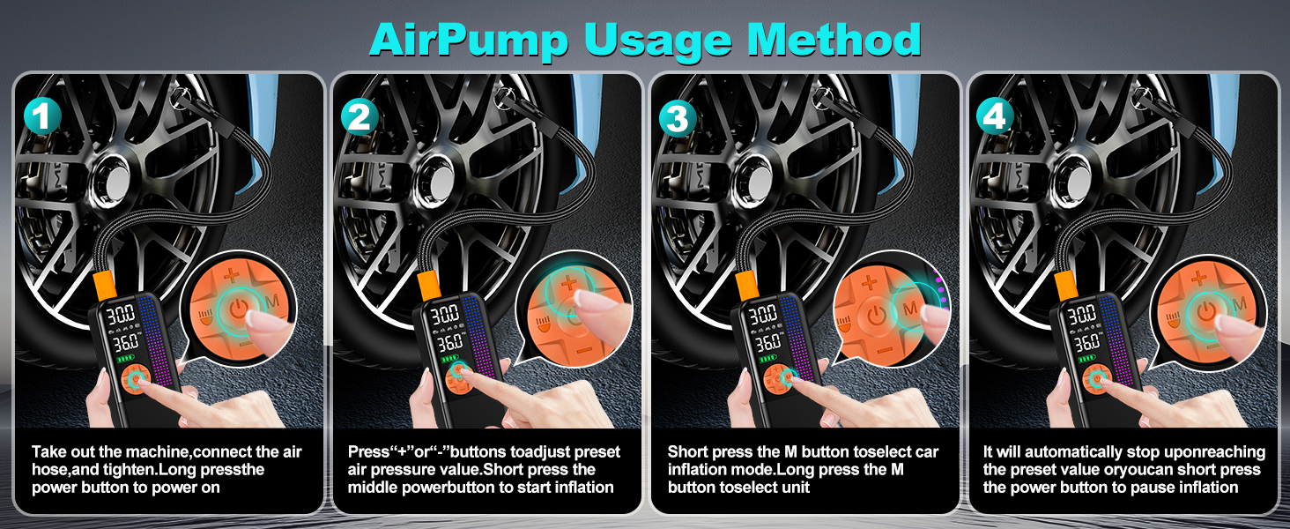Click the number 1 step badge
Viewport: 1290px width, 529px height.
click(x=41, y=115)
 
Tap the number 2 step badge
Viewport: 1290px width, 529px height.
click(x=359, y=115)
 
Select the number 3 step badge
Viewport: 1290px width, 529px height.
click(x=678, y=115)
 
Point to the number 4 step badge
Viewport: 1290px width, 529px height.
click(x=996, y=115)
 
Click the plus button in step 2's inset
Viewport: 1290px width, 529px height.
click(x=568, y=283)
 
